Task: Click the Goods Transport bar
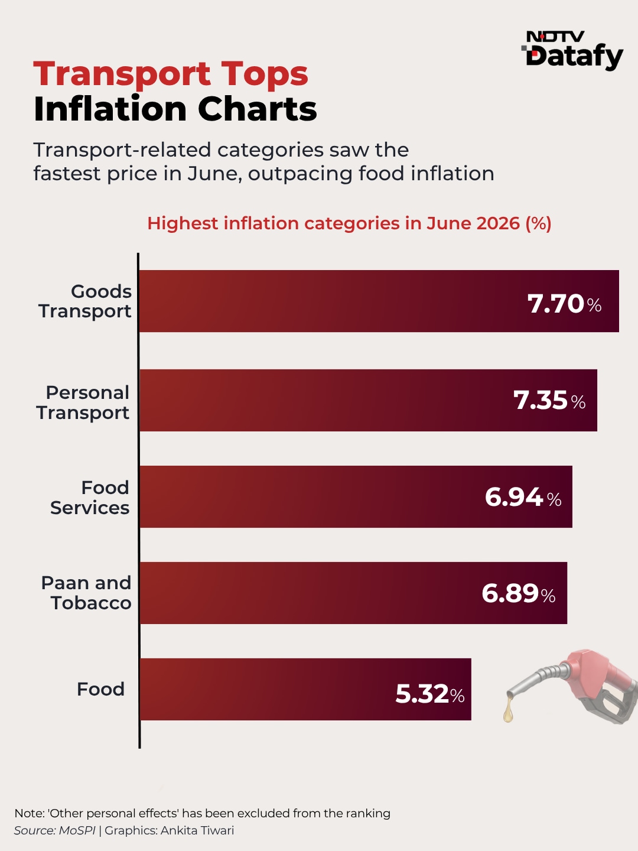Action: click(379, 301)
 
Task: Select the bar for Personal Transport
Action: click(368, 400)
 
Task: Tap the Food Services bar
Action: click(356, 496)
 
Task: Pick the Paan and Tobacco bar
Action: click(353, 593)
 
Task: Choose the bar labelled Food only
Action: click(305, 689)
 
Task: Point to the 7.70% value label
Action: click(564, 304)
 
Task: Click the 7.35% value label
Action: click(549, 400)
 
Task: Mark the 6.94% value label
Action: click(523, 496)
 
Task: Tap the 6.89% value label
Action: click(518, 593)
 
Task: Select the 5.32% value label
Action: click(430, 694)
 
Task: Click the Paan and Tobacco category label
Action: click(86, 593)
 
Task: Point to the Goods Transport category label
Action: click(85, 301)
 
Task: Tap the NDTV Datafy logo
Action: click(572, 50)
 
